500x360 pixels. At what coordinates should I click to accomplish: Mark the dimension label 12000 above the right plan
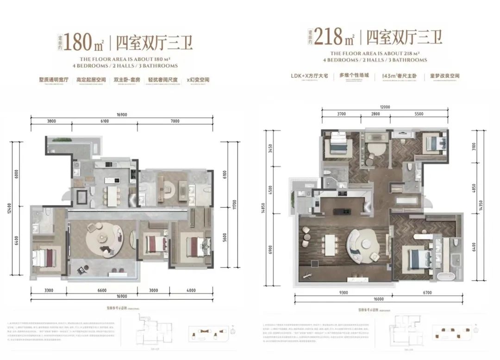coord(385,107)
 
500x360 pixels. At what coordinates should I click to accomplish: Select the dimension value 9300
coord(344,293)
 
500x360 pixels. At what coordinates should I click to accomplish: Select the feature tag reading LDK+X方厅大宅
coord(309,74)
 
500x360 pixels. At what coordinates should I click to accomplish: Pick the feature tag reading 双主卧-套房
coord(126,80)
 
